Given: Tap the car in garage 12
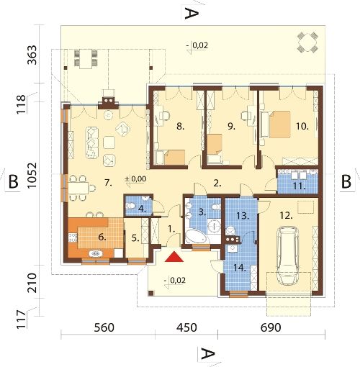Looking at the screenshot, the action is pos(287,255).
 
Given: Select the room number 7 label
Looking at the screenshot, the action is pos(108,183).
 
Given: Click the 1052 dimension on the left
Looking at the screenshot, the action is pos(32,176).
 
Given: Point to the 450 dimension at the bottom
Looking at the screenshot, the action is pos(186,327).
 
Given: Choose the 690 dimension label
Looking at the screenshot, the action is pos(271,327).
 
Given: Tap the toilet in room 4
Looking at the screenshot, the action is pos(131,206).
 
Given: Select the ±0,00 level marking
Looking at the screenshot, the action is pos(135,179).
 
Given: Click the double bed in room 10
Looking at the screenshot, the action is pos(279,124).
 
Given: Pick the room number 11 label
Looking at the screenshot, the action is pos(299,186).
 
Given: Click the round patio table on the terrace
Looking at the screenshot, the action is pos(307,42).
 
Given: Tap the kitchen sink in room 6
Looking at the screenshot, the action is pos(96,253).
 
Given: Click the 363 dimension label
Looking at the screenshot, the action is pos(32,55).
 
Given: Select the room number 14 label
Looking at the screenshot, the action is pos(240,268).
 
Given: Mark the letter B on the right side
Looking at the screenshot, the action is pos(346,181).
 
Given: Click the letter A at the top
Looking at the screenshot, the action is pos(192,13).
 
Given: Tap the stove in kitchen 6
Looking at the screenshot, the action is pos(73,237).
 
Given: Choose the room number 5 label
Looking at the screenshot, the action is pos(135,238).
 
